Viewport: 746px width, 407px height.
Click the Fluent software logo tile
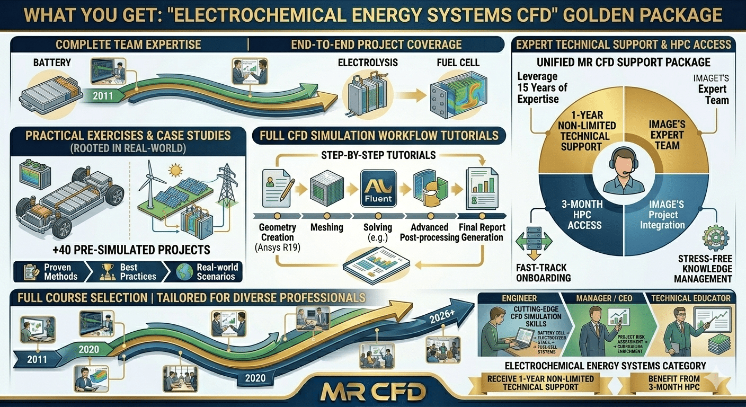click(x=378, y=189)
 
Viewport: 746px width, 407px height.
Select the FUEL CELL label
click(x=458, y=63)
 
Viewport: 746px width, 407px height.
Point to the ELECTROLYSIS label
click(x=368, y=63)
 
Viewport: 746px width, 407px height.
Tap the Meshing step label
click(x=326, y=227)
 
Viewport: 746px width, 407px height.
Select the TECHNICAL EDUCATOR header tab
click(x=691, y=298)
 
